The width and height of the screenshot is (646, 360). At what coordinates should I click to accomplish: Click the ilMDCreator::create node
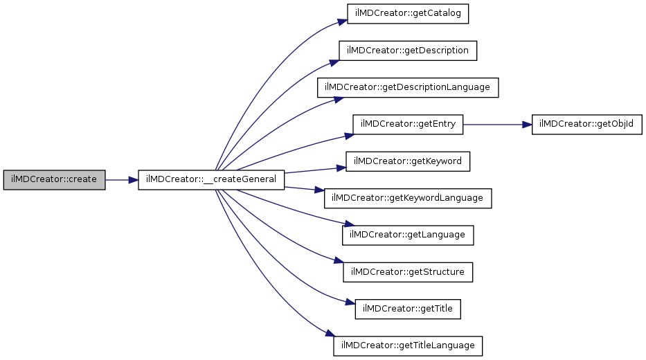[55, 180]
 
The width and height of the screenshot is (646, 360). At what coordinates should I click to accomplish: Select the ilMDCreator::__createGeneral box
[211, 180]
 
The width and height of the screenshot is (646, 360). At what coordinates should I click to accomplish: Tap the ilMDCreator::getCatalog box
[408, 14]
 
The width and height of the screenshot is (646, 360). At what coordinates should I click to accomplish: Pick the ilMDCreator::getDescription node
[408, 51]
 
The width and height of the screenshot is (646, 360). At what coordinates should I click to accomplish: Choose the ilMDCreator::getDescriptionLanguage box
[408, 88]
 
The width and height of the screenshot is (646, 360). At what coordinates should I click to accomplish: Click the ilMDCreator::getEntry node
[408, 125]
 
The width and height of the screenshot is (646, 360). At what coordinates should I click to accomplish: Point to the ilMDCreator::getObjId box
[586, 125]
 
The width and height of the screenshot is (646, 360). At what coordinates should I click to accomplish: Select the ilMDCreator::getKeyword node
[408, 161]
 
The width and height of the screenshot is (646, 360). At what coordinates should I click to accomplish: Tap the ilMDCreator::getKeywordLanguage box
[408, 198]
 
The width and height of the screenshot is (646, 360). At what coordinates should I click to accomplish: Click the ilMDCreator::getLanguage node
[408, 235]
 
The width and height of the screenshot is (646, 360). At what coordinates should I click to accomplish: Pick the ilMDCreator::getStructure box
[408, 272]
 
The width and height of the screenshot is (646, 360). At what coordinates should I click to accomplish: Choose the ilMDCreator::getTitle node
[408, 309]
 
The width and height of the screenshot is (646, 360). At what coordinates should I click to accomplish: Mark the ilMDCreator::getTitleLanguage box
[408, 346]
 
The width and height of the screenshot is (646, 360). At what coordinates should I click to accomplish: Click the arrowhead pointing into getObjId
[527, 125]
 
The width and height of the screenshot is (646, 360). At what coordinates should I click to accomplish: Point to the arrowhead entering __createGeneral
[133, 180]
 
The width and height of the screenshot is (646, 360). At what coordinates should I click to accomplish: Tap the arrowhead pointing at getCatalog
[343, 21]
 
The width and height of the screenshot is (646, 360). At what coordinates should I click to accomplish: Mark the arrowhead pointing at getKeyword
[341, 168]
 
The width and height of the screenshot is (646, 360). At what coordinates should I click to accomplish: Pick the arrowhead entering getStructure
[339, 261]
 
